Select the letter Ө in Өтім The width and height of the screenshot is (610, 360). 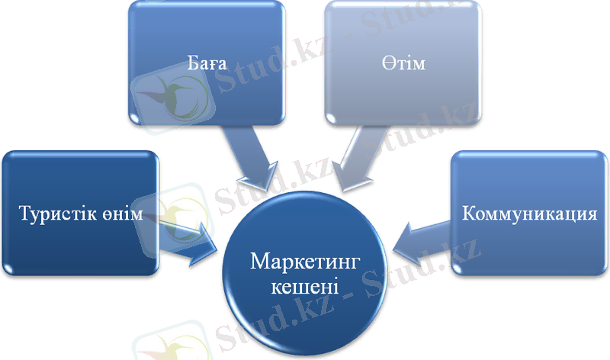[x=389, y=61]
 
